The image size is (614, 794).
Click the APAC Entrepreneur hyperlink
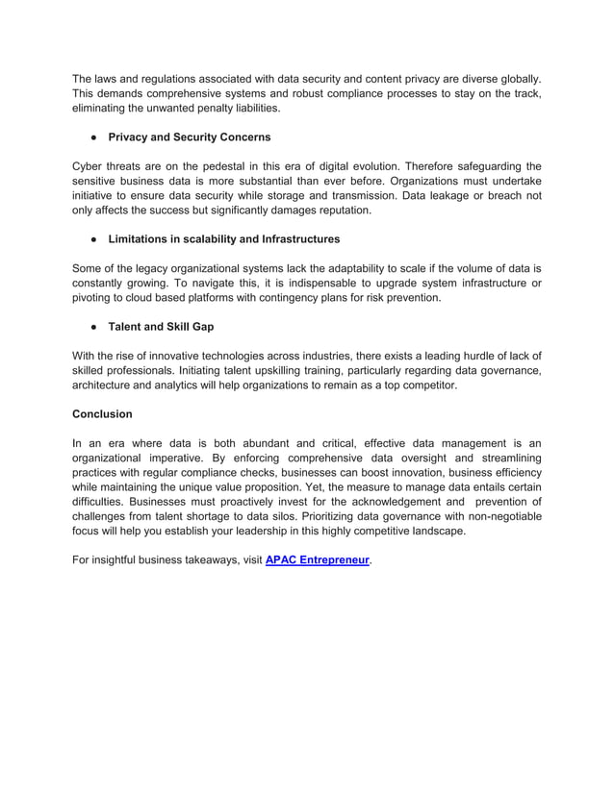(x=317, y=560)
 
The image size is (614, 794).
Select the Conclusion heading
(x=102, y=414)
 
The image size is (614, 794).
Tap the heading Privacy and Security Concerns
(x=190, y=137)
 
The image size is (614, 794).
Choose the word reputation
(x=338, y=211)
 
